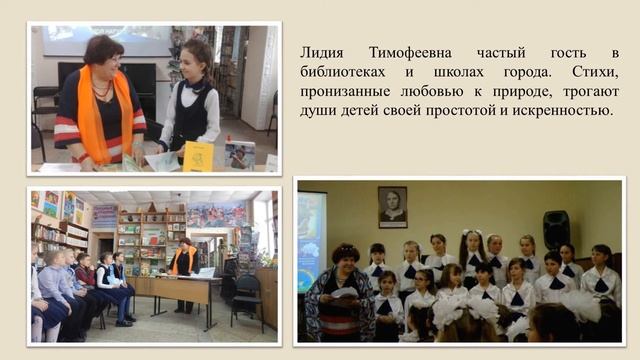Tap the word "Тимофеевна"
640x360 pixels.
pos(401,51)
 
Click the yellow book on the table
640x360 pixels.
pos(197,156)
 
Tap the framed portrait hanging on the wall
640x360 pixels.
pos(392,206)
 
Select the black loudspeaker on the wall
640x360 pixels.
pos(556,229)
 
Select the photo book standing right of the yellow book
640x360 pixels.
pos(239,155)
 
